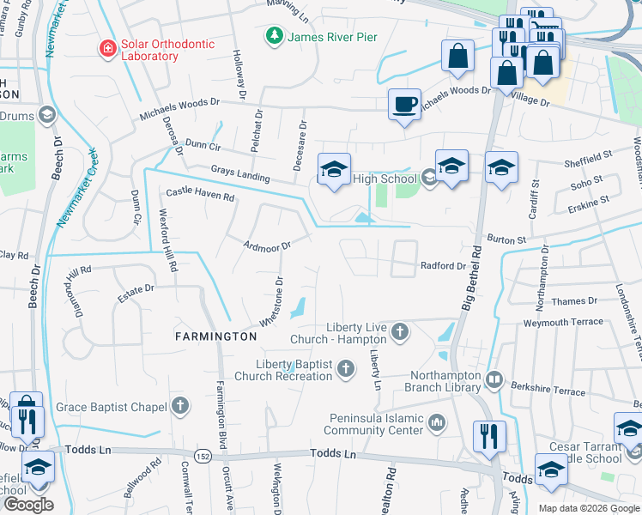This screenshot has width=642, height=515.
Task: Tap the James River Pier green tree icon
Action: pos(274,37)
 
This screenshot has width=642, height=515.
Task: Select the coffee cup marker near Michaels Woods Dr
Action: pos(404,105)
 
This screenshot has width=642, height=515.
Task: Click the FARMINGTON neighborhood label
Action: pos(216,337)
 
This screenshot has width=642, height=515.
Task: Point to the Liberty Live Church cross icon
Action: pos(399,330)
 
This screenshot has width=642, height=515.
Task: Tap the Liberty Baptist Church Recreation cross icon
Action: pos(345,369)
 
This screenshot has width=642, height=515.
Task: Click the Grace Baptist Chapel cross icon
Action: pos(179,405)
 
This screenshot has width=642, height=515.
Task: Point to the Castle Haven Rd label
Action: pos(200,195)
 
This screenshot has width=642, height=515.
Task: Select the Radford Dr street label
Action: pos(442,266)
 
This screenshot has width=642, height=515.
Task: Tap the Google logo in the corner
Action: pos(27,505)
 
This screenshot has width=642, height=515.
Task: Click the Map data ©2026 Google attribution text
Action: pos(588,508)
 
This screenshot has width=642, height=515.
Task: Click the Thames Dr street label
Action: pos(574,301)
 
